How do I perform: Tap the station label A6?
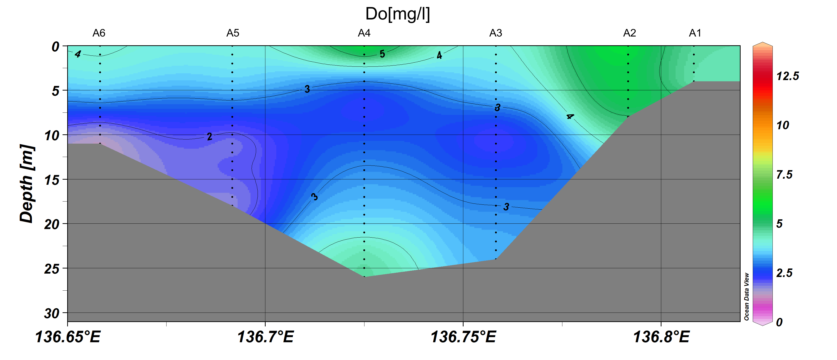click(x=99, y=33)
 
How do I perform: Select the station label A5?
click(x=233, y=33)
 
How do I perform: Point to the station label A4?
click(x=364, y=33)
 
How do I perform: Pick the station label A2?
click(x=629, y=33)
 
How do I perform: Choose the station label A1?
click(x=695, y=33)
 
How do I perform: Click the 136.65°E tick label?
click(x=68, y=337)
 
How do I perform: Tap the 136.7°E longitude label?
click(x=265, y=337)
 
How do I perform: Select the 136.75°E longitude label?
click(x=463, y=337)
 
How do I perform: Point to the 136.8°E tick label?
click(x=661, y=337)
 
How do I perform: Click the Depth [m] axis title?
click(x=27, y=184)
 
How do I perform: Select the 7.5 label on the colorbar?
click(x=784, y=175)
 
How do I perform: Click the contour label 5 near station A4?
click(x=382, y=54)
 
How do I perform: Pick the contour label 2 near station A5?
click(x=210, y=137)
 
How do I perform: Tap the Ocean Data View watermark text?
click(x=746, y=296)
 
